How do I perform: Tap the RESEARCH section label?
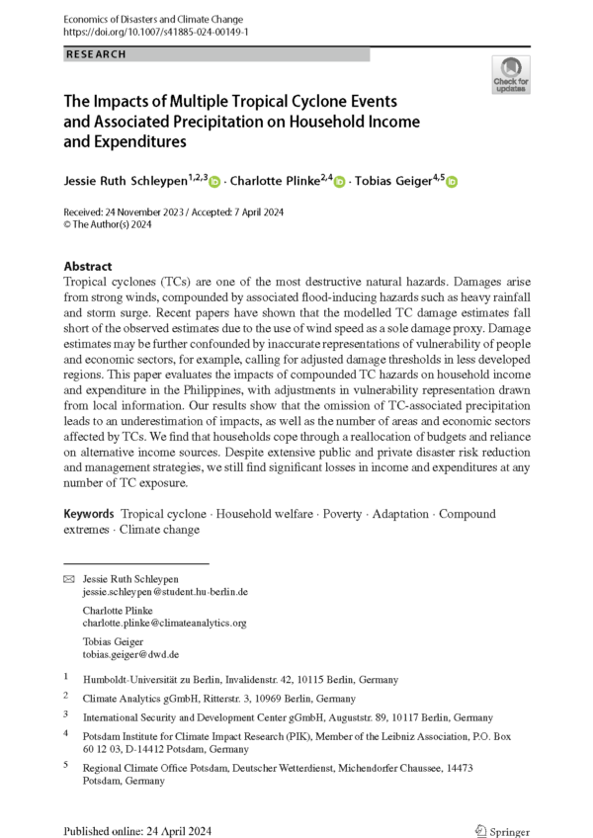[x=96, y=54]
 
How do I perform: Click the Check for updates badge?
[x=510, y=74]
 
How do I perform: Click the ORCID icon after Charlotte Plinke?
[x=339, y=182]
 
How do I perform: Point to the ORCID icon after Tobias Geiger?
[x=454, y=182]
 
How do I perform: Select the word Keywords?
[x=89, y=515]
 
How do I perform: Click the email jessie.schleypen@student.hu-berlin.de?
[x=165, y=592]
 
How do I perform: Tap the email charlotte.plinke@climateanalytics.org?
[x=164, y=624]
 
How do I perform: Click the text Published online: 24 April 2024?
[x=136, y=831]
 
